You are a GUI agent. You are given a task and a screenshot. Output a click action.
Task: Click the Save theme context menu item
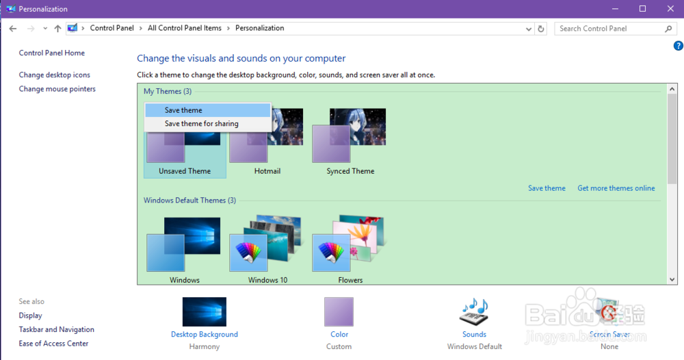[x=183, y=110]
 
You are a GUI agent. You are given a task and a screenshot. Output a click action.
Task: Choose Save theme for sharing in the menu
[x=201, y=124]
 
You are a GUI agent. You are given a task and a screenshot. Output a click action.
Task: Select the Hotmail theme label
[x=267, y=171]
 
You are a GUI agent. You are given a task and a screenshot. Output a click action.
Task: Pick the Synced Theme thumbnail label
[x=350, y=171]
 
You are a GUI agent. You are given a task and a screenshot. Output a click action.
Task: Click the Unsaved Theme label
[x=185, y=171]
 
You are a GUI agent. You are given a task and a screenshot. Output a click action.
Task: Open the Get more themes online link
[x=616, y=188]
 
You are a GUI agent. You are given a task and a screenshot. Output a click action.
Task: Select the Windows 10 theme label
[x=267, y=280]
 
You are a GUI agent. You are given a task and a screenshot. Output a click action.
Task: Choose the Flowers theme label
[x=350, y=280]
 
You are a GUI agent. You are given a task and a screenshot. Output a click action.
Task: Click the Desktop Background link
[x=205, y=335]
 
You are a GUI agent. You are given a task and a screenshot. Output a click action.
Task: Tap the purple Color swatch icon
[x=339, y=311]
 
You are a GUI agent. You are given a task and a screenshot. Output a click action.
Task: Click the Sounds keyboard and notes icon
[x=474, y=311]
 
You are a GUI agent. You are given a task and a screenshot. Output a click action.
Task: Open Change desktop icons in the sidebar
[x=55, y=75]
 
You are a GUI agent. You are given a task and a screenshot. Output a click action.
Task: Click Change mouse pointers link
[x=57, y=89]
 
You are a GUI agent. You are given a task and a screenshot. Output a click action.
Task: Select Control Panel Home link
[x=52, y=53]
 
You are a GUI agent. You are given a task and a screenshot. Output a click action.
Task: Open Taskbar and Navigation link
[x=57, y=330]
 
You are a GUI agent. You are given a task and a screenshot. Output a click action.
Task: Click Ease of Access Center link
[x=54, y=344]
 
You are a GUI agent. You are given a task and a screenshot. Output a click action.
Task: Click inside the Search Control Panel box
[x=609, y=29]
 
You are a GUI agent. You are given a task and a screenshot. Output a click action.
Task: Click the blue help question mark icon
[x=678, y=46]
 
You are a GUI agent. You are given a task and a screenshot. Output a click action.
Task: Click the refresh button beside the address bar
[x=541, y=29]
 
